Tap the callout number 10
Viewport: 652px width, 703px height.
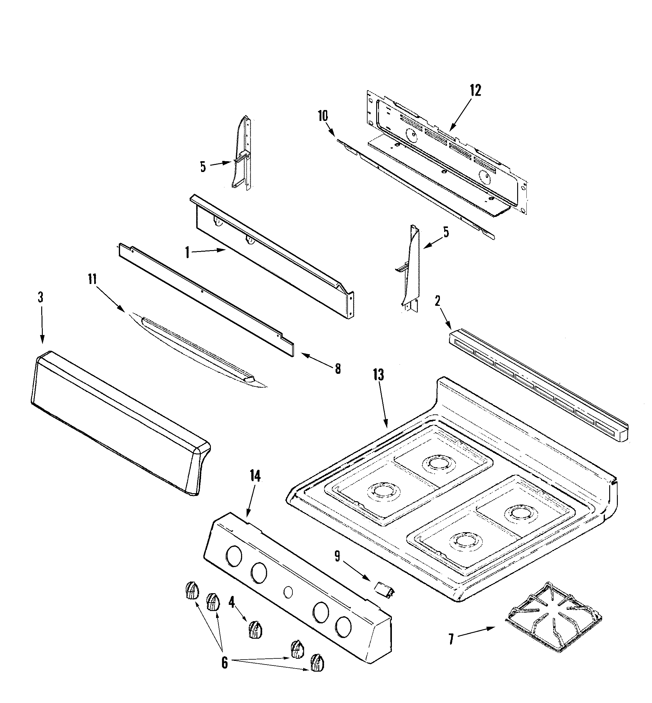323,116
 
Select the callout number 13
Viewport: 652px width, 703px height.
378,375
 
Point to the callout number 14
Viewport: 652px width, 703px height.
255,476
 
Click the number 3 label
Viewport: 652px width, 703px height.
41,297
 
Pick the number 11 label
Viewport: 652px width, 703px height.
92,279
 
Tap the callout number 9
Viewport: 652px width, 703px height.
337,556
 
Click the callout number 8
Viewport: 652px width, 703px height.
338,369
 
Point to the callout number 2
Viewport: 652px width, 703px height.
437,301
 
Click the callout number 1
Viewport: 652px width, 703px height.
187,252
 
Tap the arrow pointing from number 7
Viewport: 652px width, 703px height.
476,633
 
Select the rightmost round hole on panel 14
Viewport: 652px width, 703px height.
343,627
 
